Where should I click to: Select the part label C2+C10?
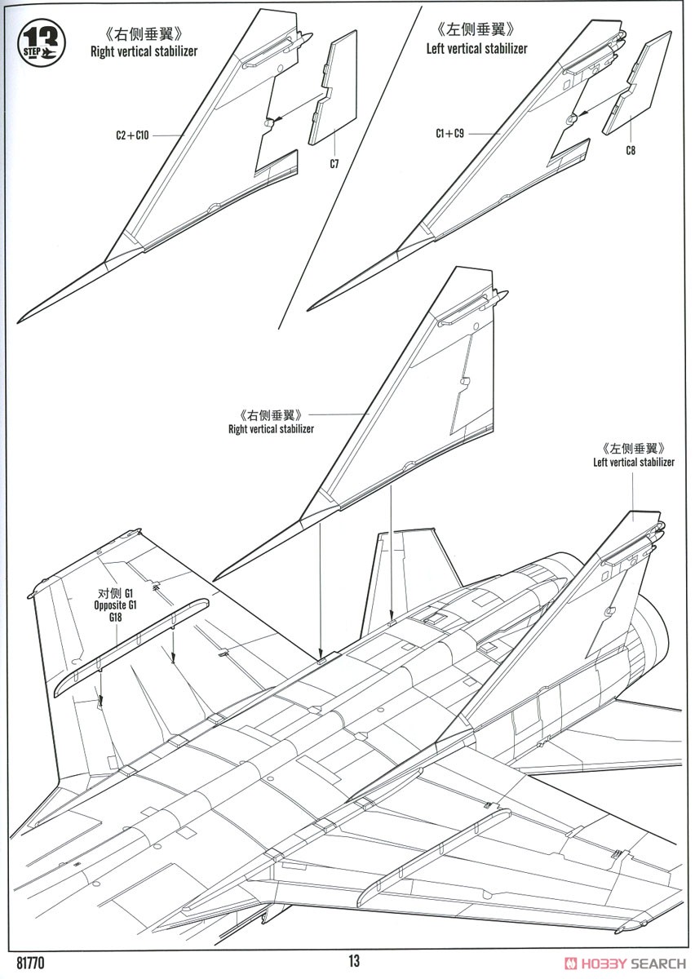[x=132, y=135]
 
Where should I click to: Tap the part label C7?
[x=334, y=164]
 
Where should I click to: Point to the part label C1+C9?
[x=449, y=133]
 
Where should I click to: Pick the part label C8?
[x=630, y=150]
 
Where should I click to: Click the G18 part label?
[x=115, y=617]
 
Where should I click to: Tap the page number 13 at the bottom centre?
[x=354, y=961]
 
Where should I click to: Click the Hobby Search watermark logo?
[x=625, y=963]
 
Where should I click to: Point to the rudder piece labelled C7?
[x=333, y=87]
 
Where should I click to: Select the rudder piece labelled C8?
[x=636, y=82]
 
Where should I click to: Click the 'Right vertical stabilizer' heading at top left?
[x=144, y=51]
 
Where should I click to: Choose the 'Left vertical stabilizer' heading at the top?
[x=477, y=48]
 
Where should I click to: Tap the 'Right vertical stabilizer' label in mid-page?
[x=271, y=429]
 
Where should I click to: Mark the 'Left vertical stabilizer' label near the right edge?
[x=633, y=462]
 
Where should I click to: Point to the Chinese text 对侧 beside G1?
[x=108, y=594]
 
